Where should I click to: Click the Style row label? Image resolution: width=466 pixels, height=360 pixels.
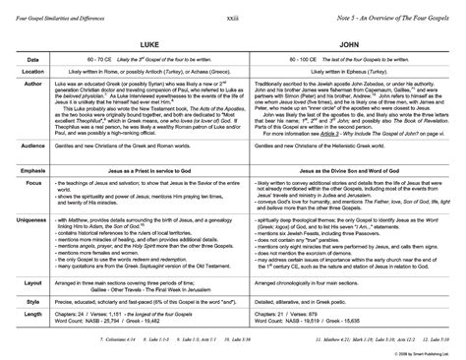click(33, 300)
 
